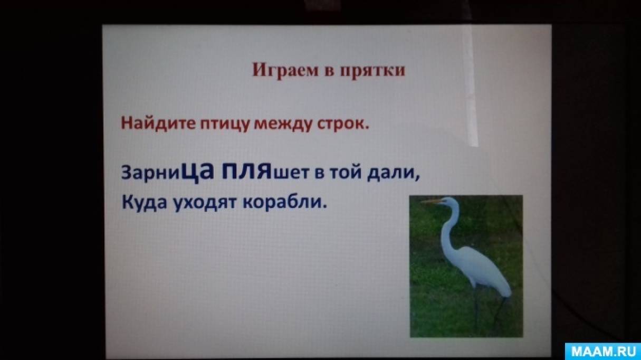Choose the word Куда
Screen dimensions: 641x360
coord(144,203)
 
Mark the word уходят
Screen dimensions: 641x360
coord(205,204)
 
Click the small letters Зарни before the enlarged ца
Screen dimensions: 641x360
coord(153,174)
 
